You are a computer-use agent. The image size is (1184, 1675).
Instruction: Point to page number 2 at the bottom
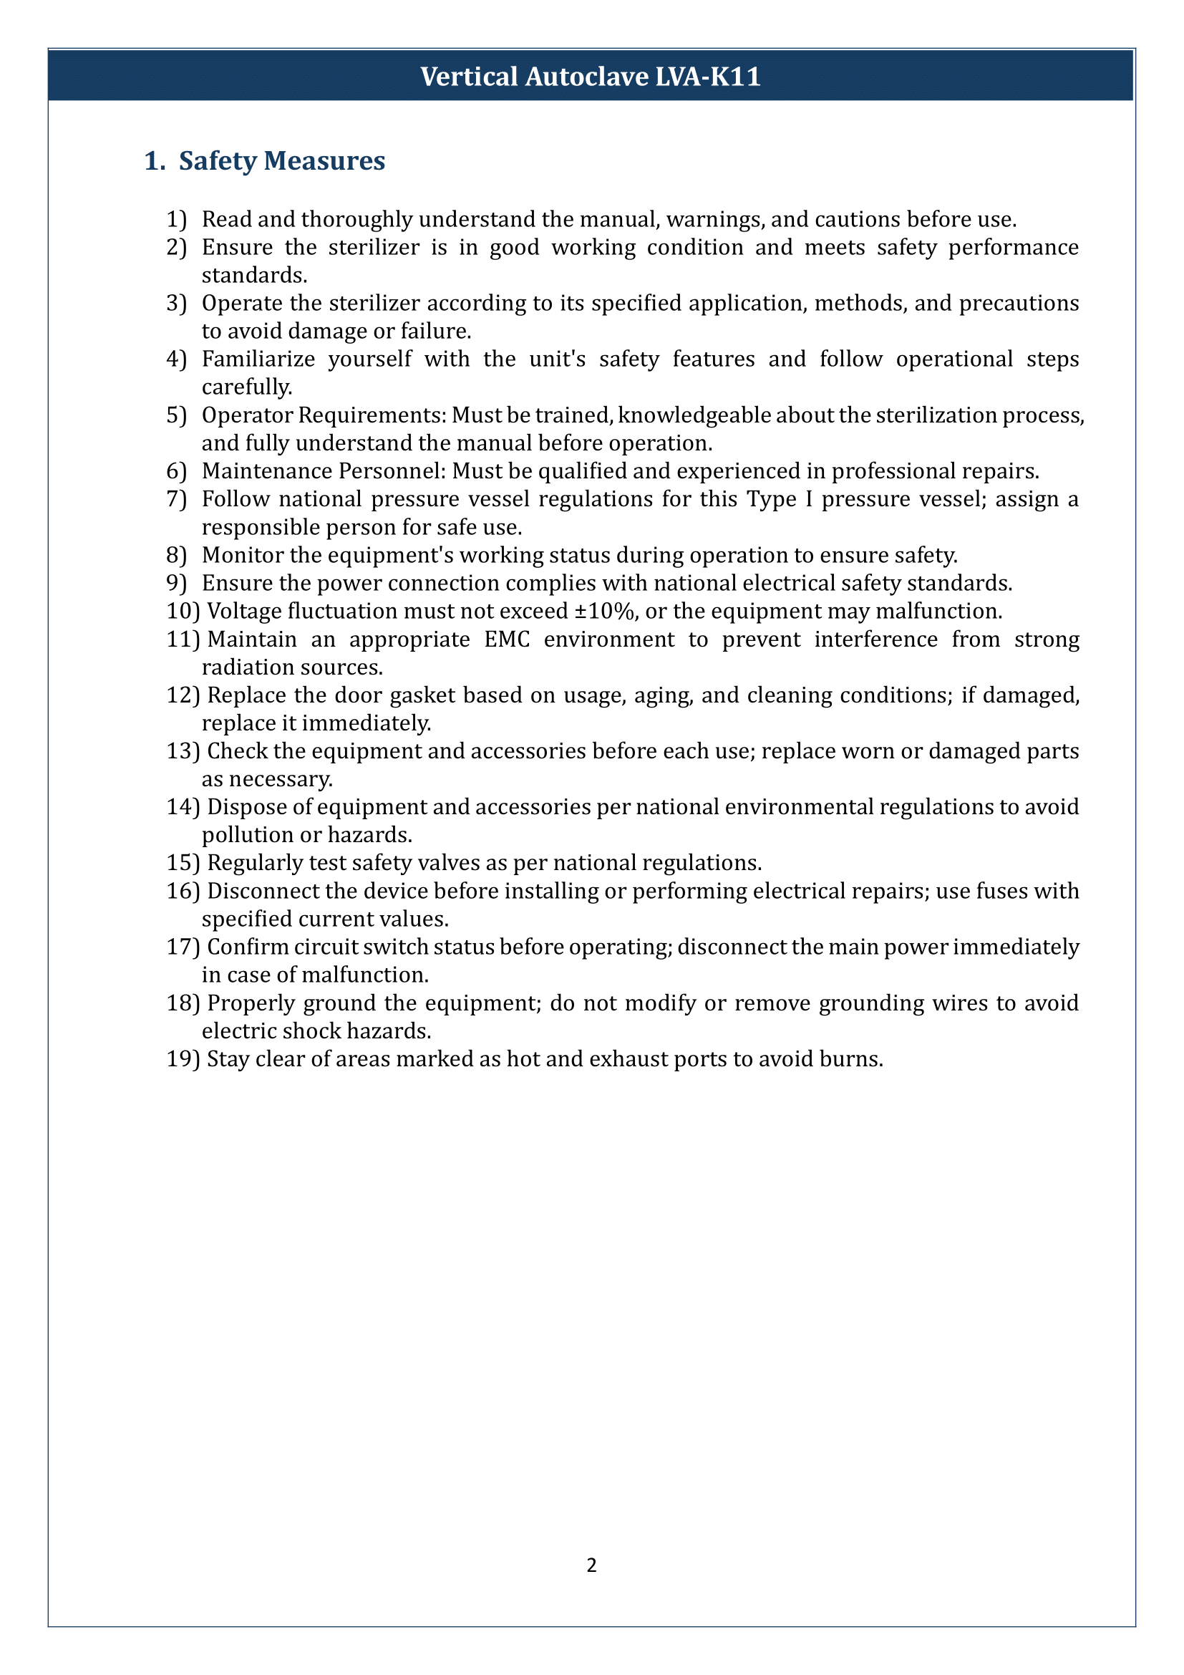[x=591, y=1565]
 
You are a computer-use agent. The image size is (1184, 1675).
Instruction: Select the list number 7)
[x=176, y=500]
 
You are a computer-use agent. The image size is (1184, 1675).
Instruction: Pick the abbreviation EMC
[x=507, y=639]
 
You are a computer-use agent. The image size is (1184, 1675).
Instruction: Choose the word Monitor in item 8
[x=243, y=556]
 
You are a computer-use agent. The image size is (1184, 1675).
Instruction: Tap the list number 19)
[x=183, y=1059]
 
